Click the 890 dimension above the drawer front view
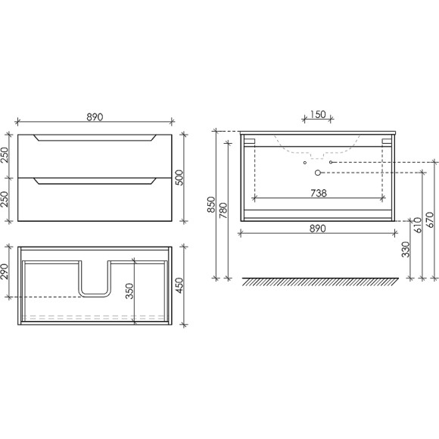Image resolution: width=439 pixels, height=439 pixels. coord(95,117)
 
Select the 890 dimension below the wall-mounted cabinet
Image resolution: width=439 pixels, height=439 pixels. coord(318,229)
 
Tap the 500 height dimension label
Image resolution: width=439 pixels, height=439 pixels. coord(180,178)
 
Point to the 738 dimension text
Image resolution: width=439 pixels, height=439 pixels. coord(319,193)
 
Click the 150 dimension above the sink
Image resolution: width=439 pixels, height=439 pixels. coord(318,114)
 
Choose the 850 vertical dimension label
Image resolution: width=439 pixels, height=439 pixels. coord(211,204)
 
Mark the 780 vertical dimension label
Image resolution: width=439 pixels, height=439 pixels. coord(223,210)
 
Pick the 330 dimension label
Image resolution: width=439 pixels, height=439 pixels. coord(406,250)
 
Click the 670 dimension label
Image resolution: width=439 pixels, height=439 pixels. coord(429,219)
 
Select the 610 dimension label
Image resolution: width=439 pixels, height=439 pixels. coord(417,225)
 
